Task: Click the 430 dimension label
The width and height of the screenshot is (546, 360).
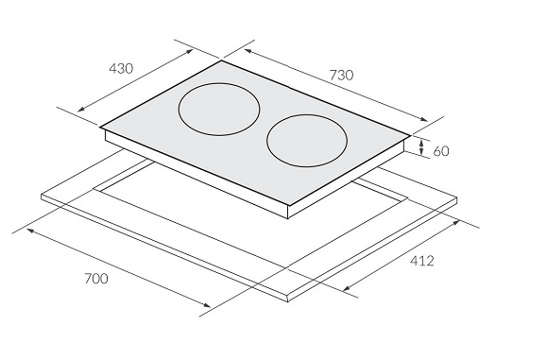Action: [x=121, y=68]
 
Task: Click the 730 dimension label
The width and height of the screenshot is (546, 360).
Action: [x=341, y=75]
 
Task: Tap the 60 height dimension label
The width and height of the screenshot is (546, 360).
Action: [x=441, y=151]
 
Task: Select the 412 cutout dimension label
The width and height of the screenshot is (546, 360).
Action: [x=422, y=261]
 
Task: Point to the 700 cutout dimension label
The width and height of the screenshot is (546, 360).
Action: [x=96, y=279]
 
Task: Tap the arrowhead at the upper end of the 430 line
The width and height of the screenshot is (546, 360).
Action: [x=190, y=51]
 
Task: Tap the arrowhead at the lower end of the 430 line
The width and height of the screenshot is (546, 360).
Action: [x=80, y=110]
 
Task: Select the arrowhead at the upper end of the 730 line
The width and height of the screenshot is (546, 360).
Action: [x=247, y=51]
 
